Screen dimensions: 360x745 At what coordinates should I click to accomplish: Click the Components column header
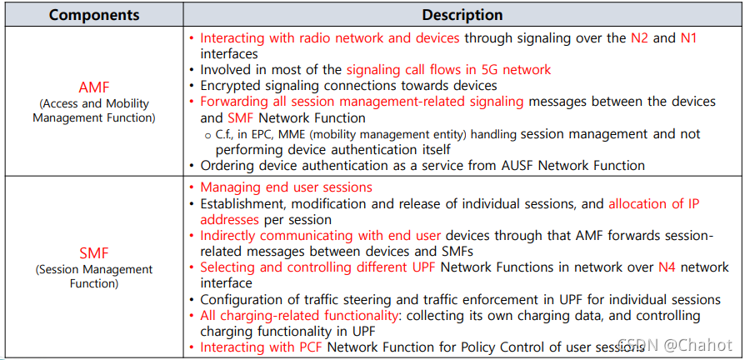(x=93, y=15)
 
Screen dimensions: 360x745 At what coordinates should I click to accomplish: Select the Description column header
(x=462, y=15)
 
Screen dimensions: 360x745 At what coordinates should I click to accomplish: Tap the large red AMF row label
(x=93, y=87)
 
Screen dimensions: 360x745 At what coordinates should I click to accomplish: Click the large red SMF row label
(x=93, y=252)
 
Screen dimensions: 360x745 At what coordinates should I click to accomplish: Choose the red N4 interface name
(x=667, y=267)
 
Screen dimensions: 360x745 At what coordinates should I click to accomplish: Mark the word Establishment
(x=242, y=203)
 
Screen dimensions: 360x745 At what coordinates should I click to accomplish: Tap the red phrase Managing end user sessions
(x=286, y=187)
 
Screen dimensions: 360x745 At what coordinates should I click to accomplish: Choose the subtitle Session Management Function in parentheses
(x=93, y=277)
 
